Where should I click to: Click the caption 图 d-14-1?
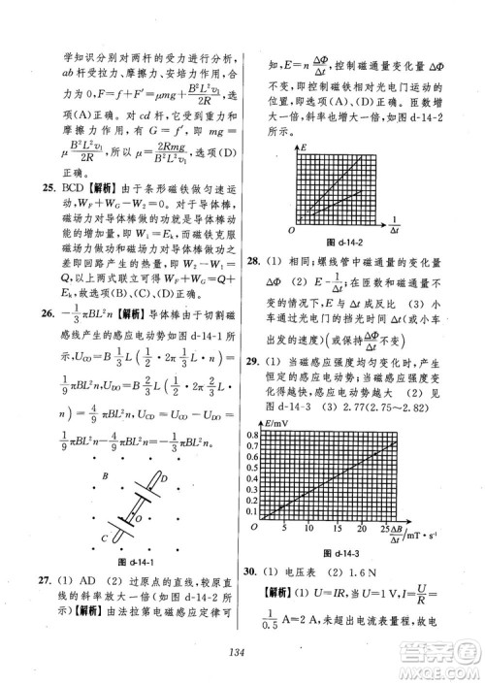pyautogui.click(x=137, y=564)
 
